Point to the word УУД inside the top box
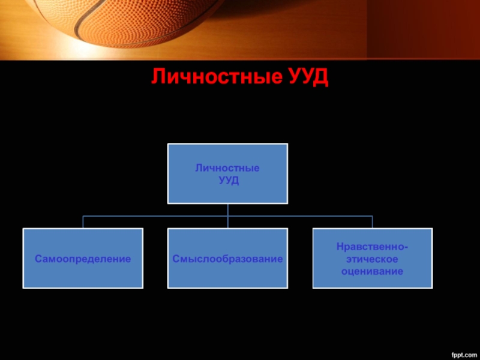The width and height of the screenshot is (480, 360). pyautogui.click(x=228, y=180)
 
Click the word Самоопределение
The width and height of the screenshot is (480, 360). pyautogui.click(x=83, y=259)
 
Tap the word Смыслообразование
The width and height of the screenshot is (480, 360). pyautogui.click(x=228, y=259)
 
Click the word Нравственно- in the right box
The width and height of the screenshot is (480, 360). pyautogui.click(x=372, y=247)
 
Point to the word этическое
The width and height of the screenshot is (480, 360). pyautogui.click(x=372, y=259)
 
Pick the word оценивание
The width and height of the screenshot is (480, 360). pyautogui.click(x=372, y=271)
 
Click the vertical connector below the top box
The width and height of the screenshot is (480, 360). pyautogui.click(x=228, y=209)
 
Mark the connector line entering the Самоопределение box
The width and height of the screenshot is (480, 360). pyautogui.click(x=83, y=222)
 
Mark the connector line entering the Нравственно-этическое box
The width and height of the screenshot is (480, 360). pyautogui.click(x=372, y=222)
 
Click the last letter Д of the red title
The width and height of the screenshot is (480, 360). pyautogui.click(x=323, y=77)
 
